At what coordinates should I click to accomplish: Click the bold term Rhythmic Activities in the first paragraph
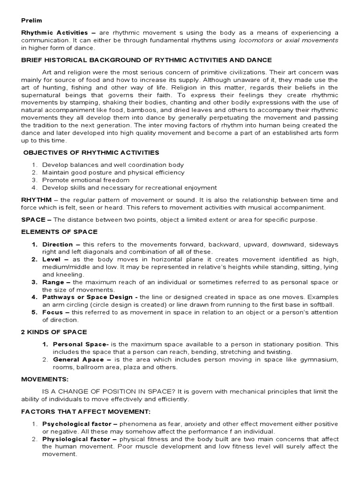tap(54, 32)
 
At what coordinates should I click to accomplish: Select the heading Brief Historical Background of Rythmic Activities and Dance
tap(146, 60)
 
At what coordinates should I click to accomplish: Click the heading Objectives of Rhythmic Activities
tap(91, 152)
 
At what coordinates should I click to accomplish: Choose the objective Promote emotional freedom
tap(85, 180)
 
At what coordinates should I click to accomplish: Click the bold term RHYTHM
tap(36, 199)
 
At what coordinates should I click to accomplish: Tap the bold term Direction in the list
tap(58, 244)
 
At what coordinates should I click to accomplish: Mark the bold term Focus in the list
tap(53, 312)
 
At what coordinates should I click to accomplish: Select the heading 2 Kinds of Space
tap(54, 332)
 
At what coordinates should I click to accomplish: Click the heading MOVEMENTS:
tap(45, 378)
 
